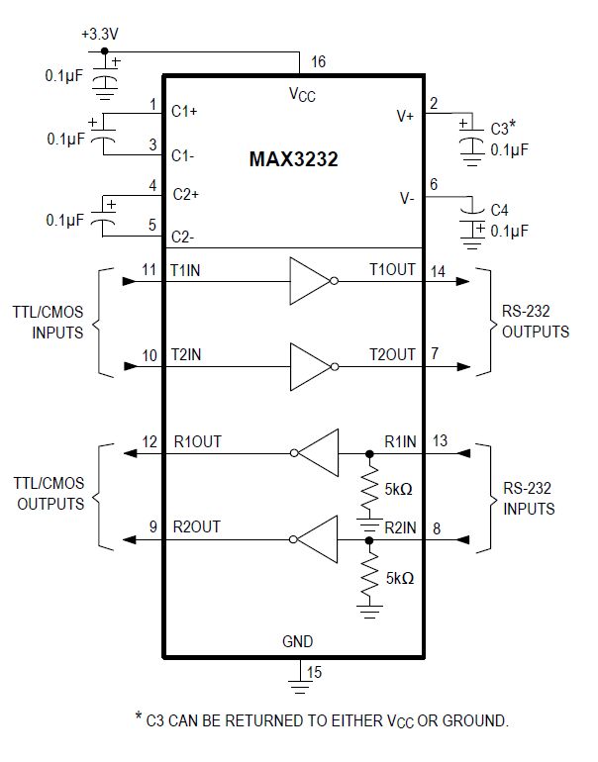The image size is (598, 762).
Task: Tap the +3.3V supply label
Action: point(99,34)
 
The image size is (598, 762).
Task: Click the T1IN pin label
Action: point(188,269)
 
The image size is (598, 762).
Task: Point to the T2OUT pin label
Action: point(393,353)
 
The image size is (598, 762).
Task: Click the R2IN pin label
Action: point(400,526)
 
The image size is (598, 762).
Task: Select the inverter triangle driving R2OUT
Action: point(317,540)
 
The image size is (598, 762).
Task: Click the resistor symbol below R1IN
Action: point(369,490)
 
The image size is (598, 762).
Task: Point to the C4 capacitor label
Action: point(501,210)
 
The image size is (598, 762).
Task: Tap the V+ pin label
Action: point(405,116)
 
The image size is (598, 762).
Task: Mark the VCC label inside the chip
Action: point(302,94)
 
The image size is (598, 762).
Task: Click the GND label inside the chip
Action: point(297,641)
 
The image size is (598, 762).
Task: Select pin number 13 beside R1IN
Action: point(442,441)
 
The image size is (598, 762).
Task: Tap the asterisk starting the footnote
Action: point(138,716)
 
